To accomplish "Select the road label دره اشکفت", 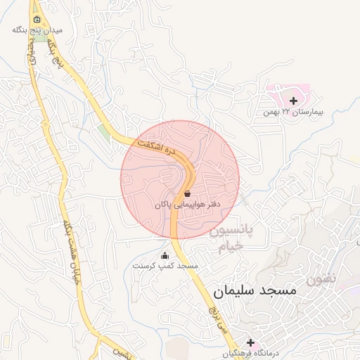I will (x=154, y=145).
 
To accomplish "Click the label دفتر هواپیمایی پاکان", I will (x=188, y=204).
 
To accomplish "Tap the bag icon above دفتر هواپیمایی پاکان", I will (x=187, y=193).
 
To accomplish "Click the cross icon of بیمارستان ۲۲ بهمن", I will (x=293, y=101).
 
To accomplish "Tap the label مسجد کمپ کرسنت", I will (x=166, y=266).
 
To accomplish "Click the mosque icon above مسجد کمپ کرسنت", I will (x=165, y=255).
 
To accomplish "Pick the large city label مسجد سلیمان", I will (x=254, y=290).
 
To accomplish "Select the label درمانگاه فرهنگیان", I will (x=252, y=353).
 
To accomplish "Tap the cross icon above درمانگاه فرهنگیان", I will (x=250, y=342).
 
